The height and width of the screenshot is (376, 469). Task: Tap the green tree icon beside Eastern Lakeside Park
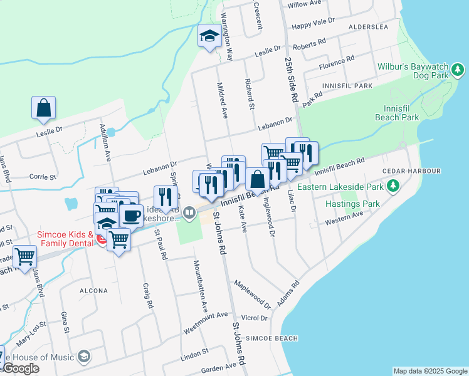tap(393, 185)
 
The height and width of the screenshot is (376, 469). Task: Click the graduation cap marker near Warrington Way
tap(208, 36)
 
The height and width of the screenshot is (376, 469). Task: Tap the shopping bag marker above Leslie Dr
tap(44, 108)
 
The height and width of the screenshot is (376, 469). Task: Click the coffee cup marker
tap(131, 216)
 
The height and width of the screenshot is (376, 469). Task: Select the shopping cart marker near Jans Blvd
tap(24, 256)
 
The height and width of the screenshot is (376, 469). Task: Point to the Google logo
tap(21, 369)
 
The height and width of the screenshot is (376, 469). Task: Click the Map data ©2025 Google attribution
tap(429, 371)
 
